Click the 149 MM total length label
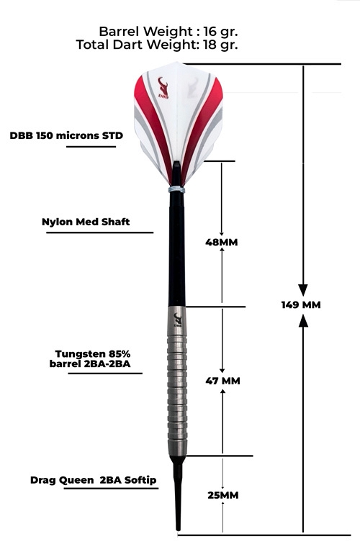[301, 305]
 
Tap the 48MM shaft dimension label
[222, 242]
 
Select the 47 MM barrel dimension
[222, 381]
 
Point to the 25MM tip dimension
[223, 495]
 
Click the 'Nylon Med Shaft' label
[86, 222]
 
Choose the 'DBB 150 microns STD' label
[66, 135]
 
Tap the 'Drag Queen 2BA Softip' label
[93, 480]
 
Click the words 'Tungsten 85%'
[93, 354]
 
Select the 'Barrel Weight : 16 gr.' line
[168, 32]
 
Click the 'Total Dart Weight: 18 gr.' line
[157, 45]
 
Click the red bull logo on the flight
[163, 88]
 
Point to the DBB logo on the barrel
[178, 320]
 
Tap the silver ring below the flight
[176, 189]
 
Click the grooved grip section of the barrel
[177, 387]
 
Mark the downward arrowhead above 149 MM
[303, 290]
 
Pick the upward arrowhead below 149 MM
[304, 320]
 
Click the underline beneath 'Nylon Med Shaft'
[100, 232]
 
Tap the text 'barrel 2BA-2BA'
[90, 364]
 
